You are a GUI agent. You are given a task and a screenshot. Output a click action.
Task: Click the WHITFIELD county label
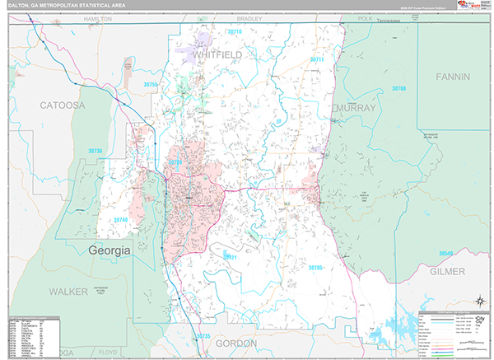coord(218,54)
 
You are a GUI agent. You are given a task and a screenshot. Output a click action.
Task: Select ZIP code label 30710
coord(235,31)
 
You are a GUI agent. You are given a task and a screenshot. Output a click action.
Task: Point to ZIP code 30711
coord(317,60)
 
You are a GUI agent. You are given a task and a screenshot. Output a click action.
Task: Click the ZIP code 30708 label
coord(399,88)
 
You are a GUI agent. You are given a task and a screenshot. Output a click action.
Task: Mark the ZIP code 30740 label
coord(121,220)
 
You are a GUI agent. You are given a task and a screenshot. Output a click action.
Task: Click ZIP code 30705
coord(316,267)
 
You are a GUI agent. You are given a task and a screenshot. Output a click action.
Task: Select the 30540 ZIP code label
coord(446,253)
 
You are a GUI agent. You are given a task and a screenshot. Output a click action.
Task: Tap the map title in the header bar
coord(56,6)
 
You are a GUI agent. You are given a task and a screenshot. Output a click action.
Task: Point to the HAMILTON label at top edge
coord(97,17)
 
